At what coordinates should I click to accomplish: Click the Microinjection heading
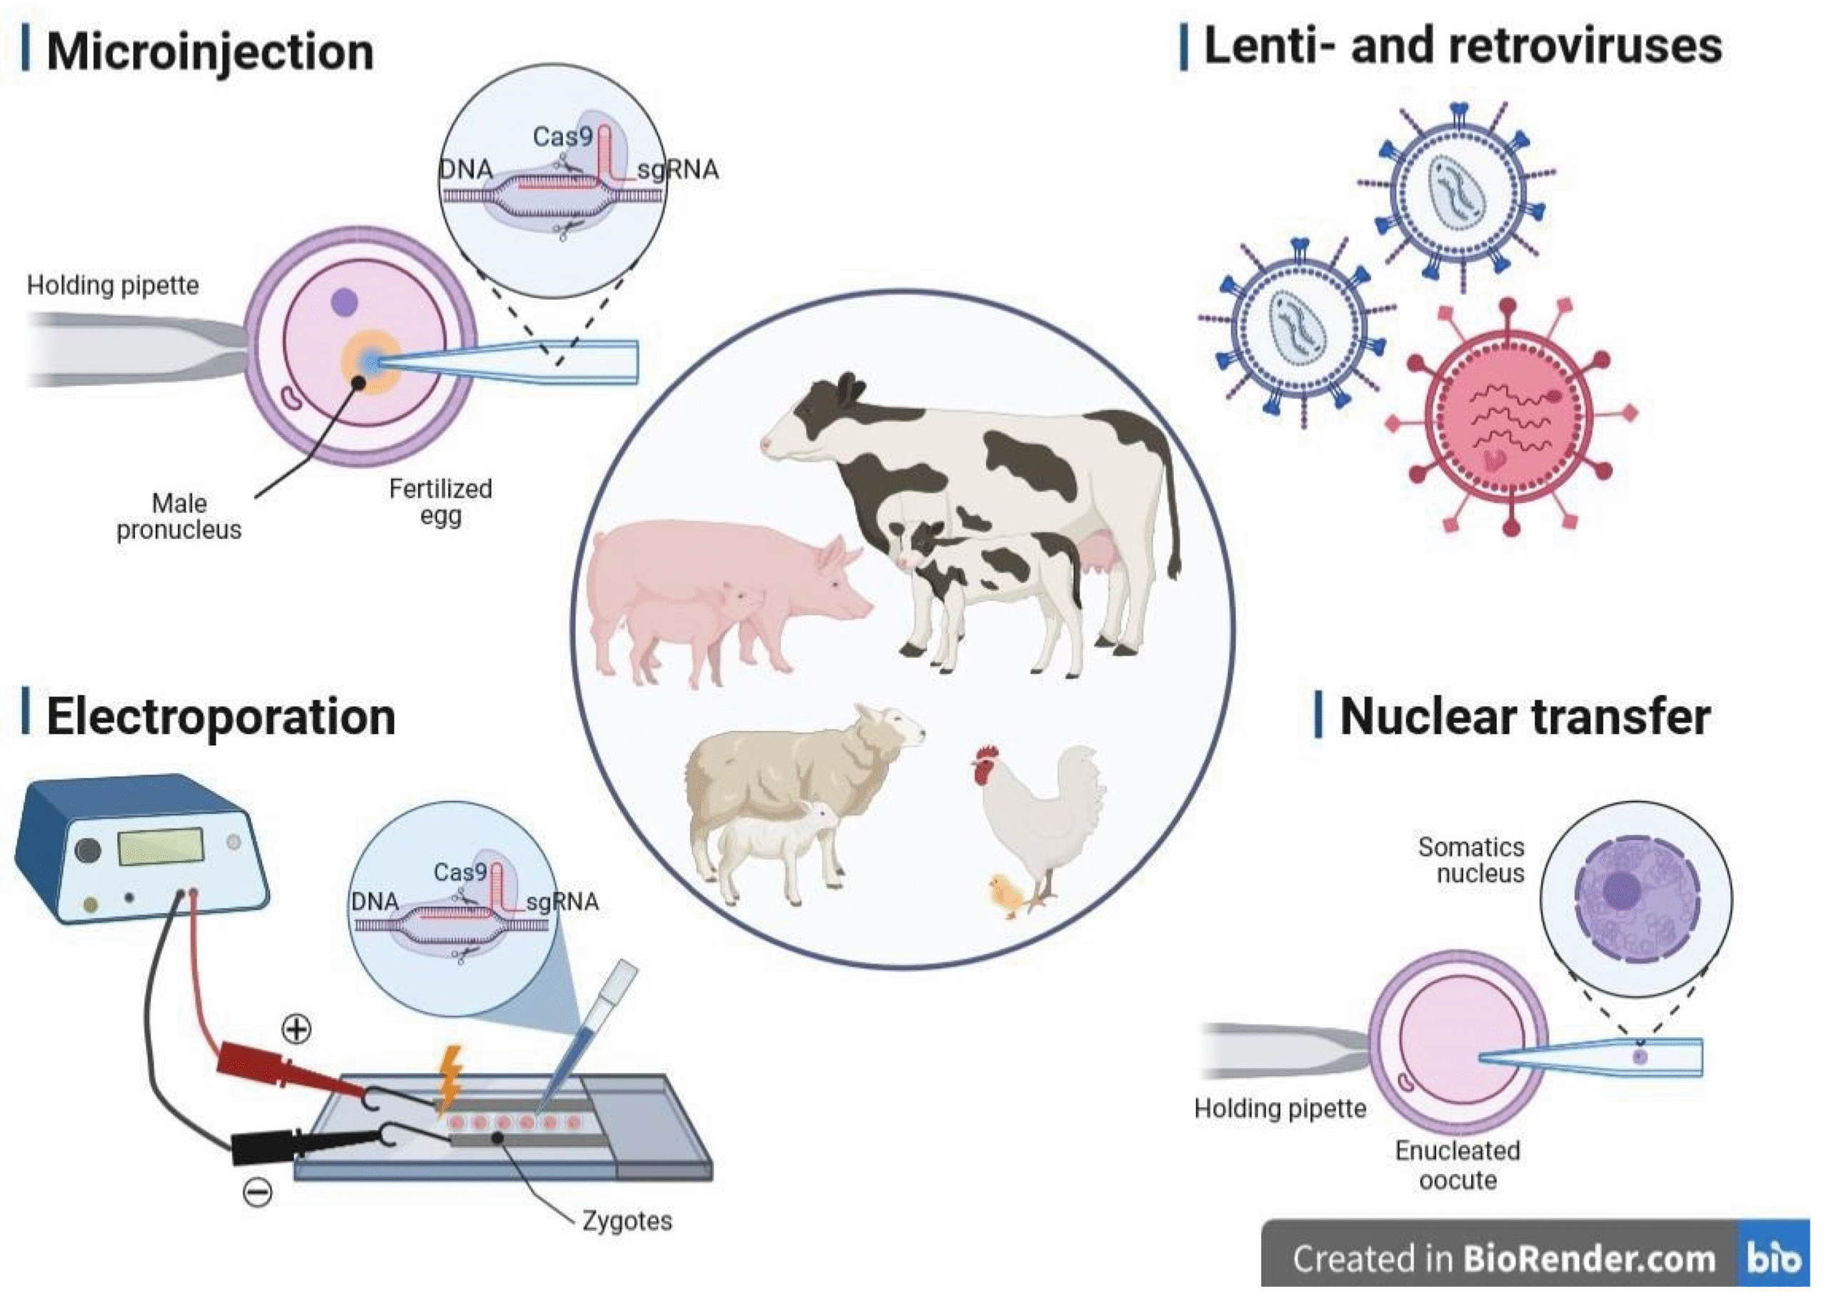[x=209, y=52]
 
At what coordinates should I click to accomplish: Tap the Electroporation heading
[x=221, y=716]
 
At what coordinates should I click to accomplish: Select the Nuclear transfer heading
[x=1525, y=716]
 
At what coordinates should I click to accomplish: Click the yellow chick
[x=1007, y=896]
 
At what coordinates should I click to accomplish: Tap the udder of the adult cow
[x=1097, y=552]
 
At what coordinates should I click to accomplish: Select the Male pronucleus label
[x=179, y=517]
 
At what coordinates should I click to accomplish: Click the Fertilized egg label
[x=440, y=502]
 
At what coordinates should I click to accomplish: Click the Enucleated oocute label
[x=1457, y=1165]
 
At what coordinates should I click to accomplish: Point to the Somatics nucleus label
[x=1472, y=860]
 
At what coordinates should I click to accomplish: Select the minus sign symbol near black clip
[x=257, y=1193]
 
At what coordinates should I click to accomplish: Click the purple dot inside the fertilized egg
[x=344, y=302]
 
